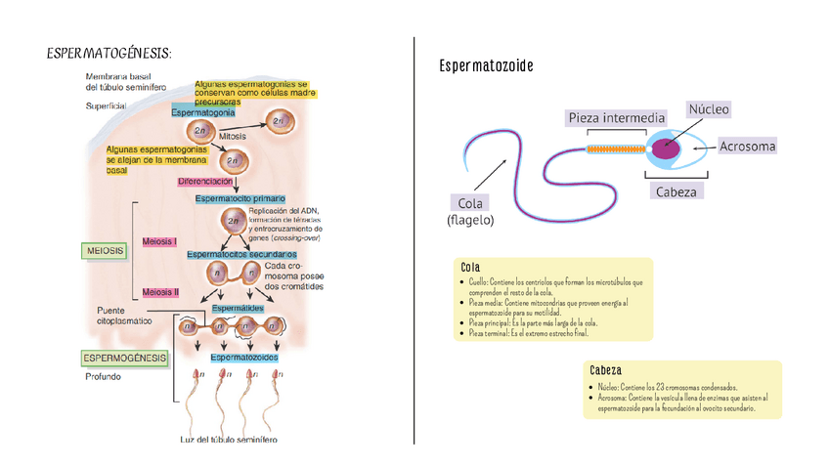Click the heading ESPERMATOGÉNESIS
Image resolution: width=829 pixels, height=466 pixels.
coord(109,51)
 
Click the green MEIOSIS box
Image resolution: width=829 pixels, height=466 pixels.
coord(105,251)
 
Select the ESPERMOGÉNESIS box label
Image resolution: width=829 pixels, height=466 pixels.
coord(125,358)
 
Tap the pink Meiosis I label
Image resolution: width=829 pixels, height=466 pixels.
coord(160,240)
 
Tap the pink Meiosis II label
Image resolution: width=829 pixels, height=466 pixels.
coord(160,291)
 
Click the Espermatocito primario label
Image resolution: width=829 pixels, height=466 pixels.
coord(240,198)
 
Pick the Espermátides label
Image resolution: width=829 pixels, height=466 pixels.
coord(237,309)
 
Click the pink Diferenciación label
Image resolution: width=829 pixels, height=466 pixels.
coord(204,182)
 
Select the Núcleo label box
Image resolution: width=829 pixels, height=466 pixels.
coord(709,109)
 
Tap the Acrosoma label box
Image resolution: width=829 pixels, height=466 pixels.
coord(747,147)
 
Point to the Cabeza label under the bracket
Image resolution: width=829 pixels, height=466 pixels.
coord(676,191)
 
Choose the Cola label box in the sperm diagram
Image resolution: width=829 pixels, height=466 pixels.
coord(469,203)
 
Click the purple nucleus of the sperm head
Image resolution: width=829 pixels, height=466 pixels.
coord(668,148)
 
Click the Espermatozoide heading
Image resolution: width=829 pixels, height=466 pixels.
coord(486,66)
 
